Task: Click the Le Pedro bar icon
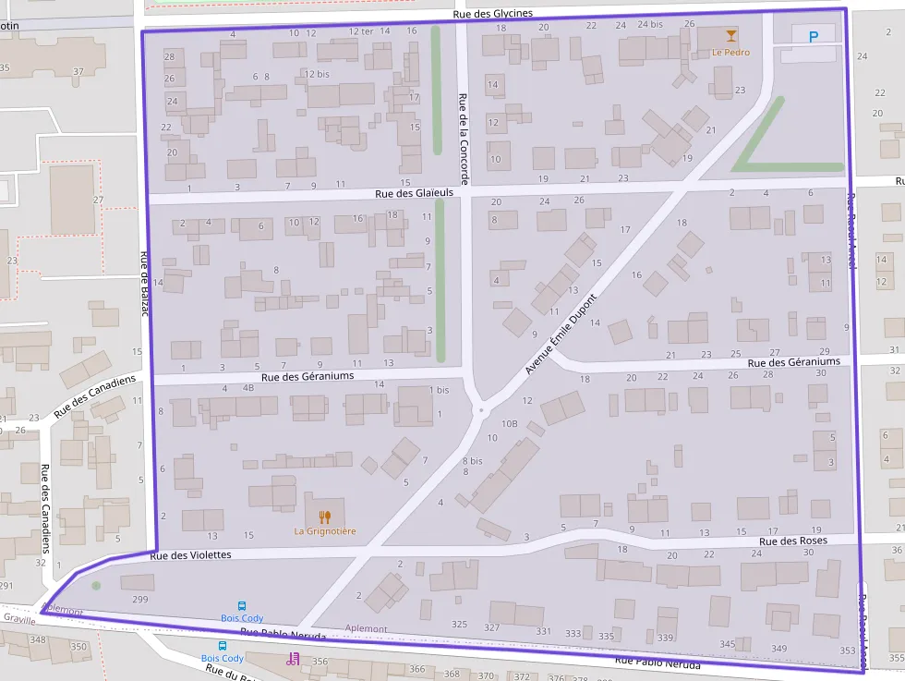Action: coord(731,36)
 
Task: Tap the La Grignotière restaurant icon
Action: coord(325,517)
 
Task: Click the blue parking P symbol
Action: coord(813,37)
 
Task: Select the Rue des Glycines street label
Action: coord(493,13)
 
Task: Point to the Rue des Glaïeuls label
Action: coord(415,193)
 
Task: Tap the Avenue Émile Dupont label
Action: coord(561,334)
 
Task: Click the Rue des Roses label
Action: coord(793,541)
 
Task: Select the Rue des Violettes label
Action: coord(190,555)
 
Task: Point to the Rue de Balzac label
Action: coord(145,284)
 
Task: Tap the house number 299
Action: coord(140,600)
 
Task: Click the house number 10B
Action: coord(509,423)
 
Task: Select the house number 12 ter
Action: coord(360,31)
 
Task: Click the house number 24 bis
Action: coord(650,24)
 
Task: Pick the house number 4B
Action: coord(247,388)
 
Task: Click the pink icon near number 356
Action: coord(293,658)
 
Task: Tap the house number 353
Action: coord(848,651)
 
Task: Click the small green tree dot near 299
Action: coord(96,585)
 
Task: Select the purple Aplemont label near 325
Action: coord(366,628)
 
